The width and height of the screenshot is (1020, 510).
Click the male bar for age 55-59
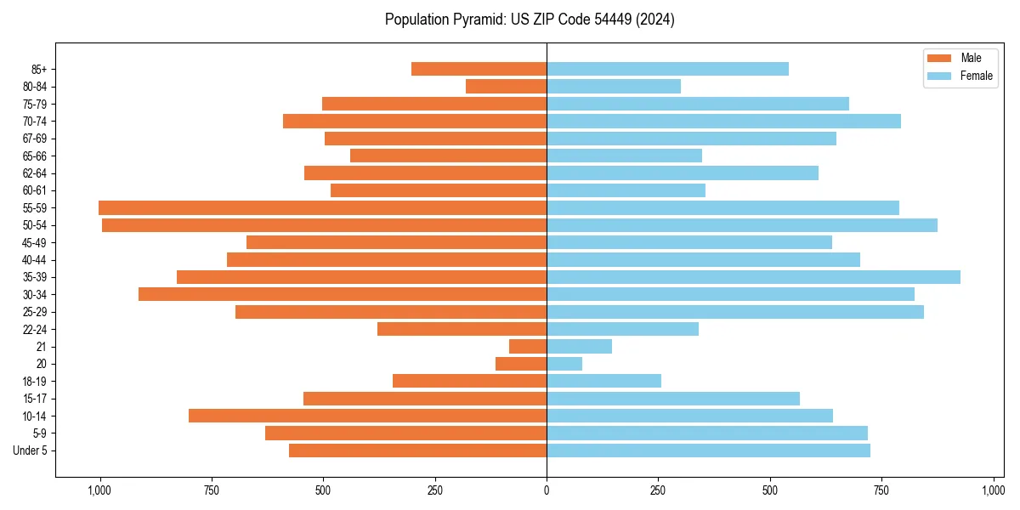322,207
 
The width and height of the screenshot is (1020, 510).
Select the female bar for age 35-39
753,277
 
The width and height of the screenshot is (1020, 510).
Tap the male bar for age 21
528,347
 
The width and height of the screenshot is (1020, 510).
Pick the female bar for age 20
564,364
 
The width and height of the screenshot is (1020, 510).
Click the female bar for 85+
667,69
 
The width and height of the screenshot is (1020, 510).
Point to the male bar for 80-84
506,86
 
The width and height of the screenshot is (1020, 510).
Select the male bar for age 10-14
367,416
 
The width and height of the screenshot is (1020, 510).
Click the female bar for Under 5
708,450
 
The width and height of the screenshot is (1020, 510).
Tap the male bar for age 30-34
343,294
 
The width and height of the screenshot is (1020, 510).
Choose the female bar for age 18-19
603,381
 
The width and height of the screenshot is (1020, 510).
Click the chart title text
530,20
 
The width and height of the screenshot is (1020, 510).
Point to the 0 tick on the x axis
547,490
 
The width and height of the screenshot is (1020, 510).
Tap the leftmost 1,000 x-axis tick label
100,490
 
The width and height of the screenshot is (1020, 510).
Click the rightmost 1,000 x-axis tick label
993,490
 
